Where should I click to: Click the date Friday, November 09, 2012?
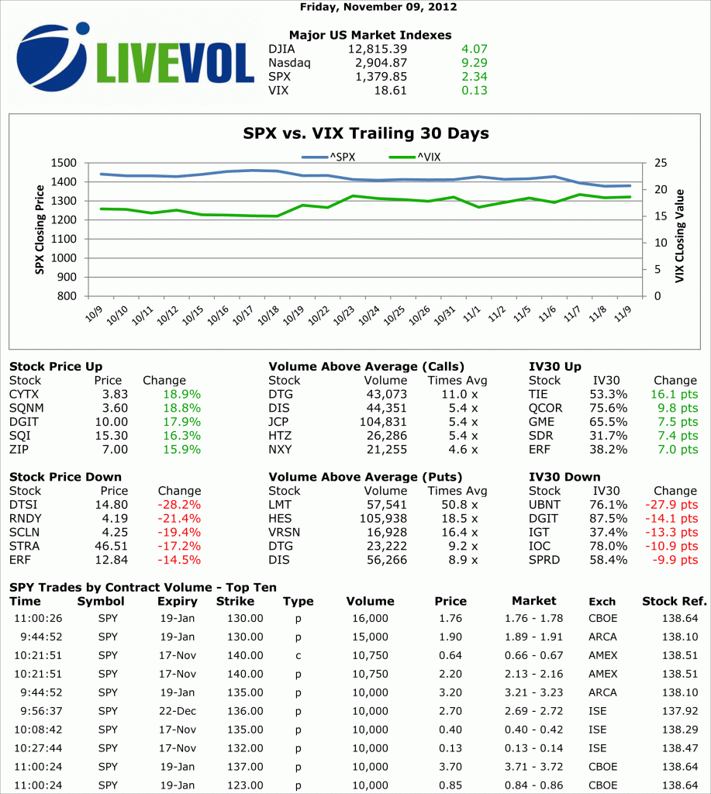click(x=378, y=7)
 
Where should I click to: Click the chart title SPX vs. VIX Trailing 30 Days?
click(x=366, y=133)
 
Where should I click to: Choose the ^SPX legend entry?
click(x=329, y=157)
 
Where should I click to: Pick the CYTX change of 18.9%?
click(x=182, y=394)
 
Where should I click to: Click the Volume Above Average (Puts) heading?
click(x=366, y=477)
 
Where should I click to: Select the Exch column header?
click(x=602, y=602)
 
